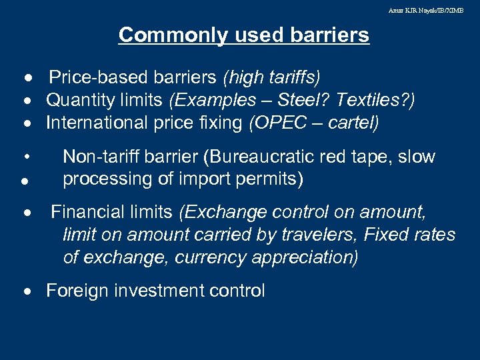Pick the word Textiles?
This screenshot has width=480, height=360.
375,100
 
